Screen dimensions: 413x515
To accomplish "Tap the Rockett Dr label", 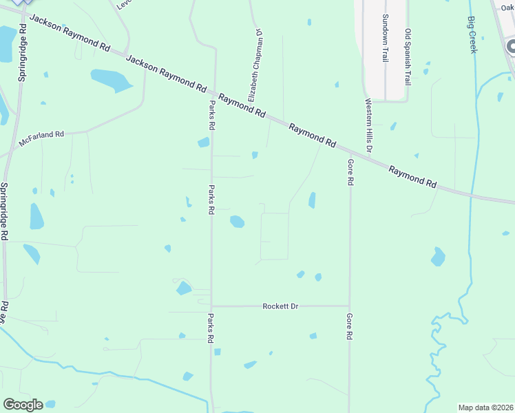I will click(x=280, y=306).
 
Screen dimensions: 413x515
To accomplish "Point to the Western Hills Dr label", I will click(x=368, y=125).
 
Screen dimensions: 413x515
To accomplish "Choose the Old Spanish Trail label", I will click(x=408, y=57).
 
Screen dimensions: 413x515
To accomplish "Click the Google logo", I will click(x=23, y=404).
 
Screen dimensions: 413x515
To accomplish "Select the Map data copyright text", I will click(x=485, y=407).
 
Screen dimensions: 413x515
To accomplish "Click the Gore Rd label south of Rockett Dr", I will click(x=350, y=326).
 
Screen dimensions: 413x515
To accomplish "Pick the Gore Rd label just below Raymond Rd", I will click(x=350, y=172).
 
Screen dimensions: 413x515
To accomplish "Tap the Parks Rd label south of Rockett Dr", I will click(x=211, y=328).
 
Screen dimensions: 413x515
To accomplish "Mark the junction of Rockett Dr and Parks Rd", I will click(x=211, y=306).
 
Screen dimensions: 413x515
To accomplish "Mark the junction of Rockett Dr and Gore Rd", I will click(x=350, y=306).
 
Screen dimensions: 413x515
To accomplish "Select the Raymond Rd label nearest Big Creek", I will click(x=412, y=176).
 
